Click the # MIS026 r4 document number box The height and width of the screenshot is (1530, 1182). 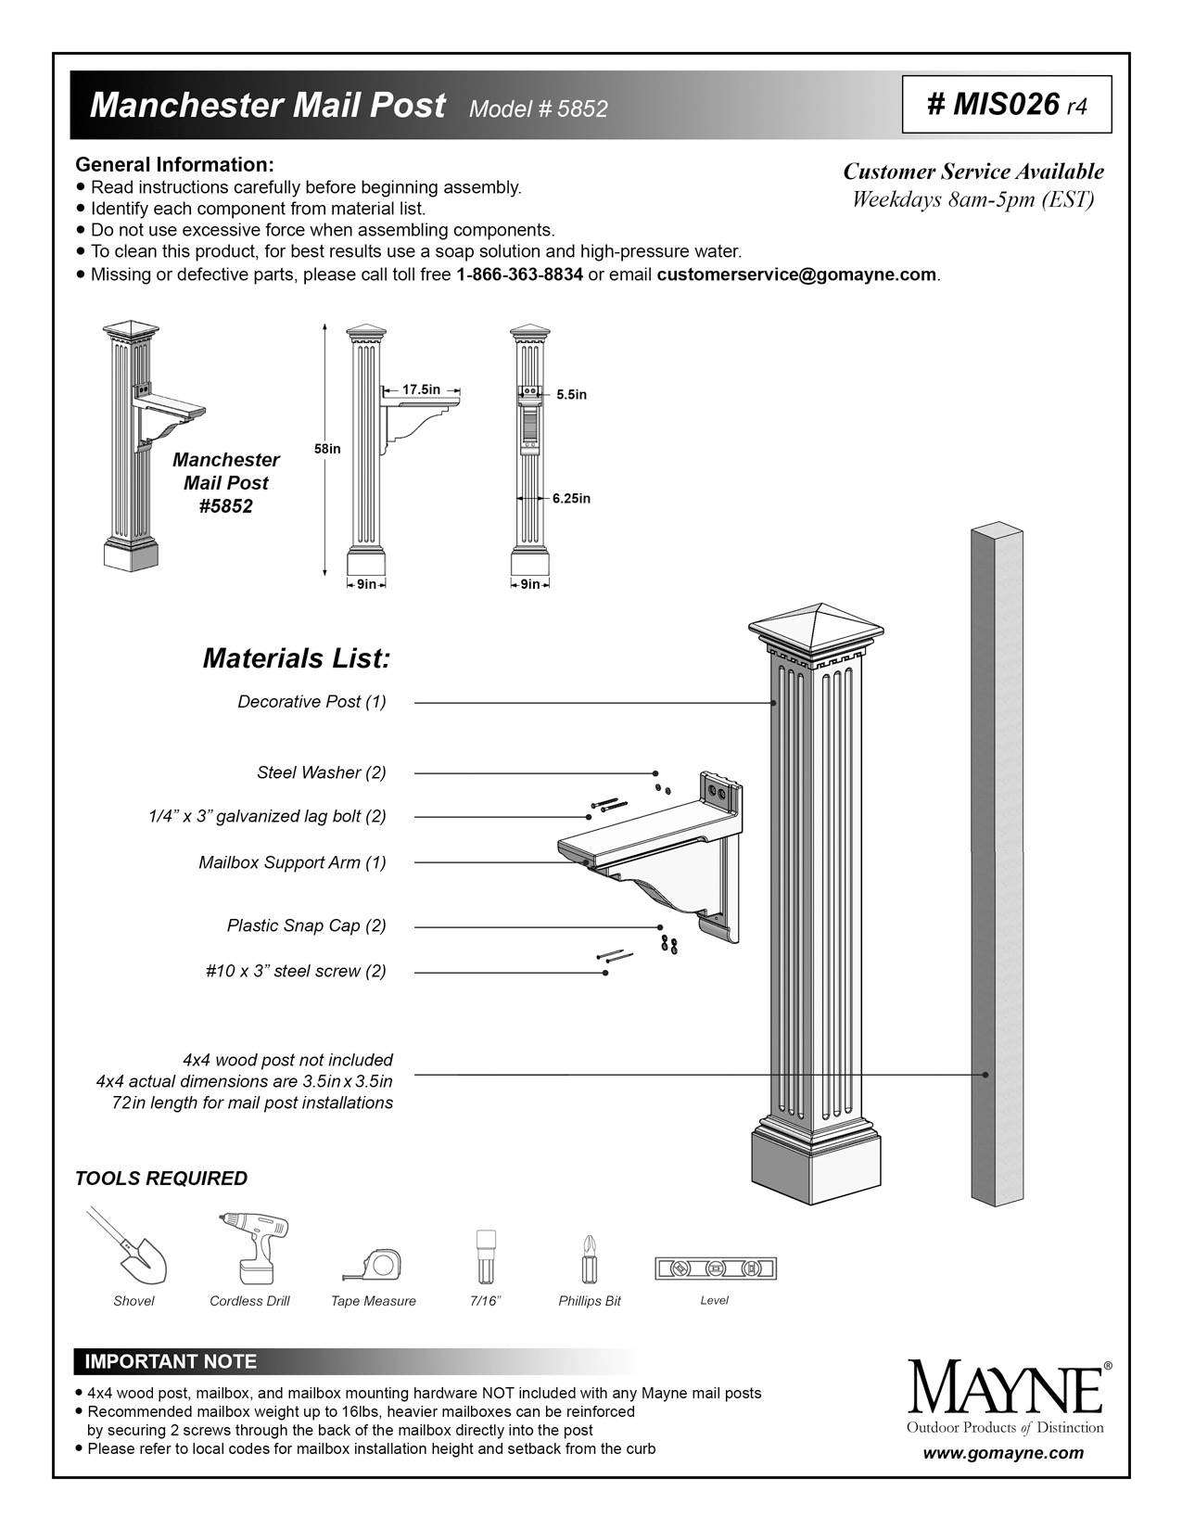(1006, 104)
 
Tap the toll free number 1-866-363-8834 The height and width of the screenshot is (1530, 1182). (519, 274)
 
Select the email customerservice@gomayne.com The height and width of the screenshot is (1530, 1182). (796, 274)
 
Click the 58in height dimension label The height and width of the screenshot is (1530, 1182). (327, 449)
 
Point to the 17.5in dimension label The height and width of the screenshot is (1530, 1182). (421, 389)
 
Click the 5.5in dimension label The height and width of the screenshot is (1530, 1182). (571, 394)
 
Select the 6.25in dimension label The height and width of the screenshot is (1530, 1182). (571, 498)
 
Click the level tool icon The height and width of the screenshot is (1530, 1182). (715, 1269)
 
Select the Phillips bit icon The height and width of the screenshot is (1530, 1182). (589, 1256)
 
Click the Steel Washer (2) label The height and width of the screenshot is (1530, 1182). (321, 772)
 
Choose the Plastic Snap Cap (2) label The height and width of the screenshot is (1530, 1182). (306, 925)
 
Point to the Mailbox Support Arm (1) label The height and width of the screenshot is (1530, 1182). (292, 862)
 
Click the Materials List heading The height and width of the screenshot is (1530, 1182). (296, 658)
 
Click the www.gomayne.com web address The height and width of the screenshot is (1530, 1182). (1003, 1453)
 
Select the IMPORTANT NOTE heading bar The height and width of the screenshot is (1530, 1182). (171, 1361)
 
